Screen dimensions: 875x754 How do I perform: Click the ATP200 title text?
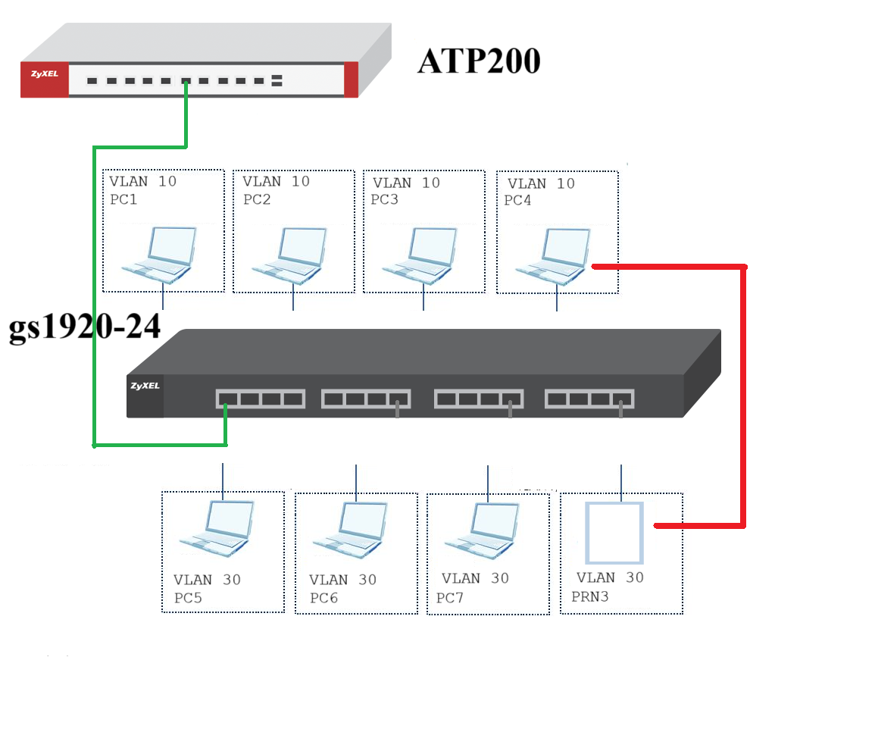[x=480, y=61]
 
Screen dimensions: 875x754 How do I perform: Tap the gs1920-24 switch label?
[x=85, y=327]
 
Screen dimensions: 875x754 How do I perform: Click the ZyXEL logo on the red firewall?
[x=45, y=74]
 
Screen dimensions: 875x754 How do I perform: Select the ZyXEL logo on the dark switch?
[x=145, y=386]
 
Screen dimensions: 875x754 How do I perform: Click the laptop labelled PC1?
[x=160, y=255]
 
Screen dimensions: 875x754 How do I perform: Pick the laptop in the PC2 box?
[x=290, y=256]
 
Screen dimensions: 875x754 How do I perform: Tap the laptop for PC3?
[x=420, y=256]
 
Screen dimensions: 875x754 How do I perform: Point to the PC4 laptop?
[x=554, y=257]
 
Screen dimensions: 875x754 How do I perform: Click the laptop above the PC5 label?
[x=217, y=528]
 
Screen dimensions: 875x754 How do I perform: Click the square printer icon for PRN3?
[x=614, y=533]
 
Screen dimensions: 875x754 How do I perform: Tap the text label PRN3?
[x=590, y=596]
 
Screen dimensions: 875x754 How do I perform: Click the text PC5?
[x=188, y=598]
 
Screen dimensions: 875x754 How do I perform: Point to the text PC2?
[x=257, y=199]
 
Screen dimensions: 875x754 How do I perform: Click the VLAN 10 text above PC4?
[x=541, y=183]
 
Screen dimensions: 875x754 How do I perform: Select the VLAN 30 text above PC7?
[x=475, y=578]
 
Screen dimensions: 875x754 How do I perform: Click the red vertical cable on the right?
[x=743, y=396]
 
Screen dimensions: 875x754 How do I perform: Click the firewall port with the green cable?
[x=186, y=81]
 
